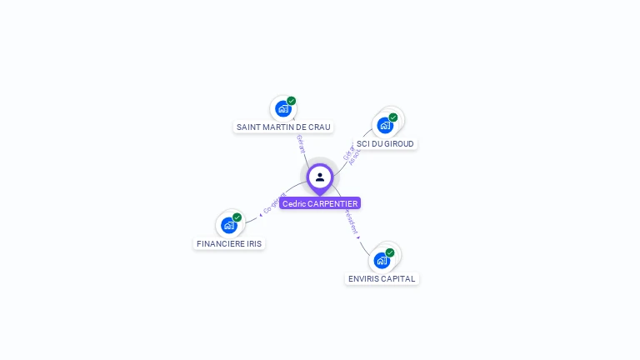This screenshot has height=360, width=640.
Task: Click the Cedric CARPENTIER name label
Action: click(320, 203)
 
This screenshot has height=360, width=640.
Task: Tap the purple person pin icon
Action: click(320, 177)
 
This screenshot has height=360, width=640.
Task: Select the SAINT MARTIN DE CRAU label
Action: click(283, 127)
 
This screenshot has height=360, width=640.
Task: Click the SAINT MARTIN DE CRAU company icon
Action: click(283, 109)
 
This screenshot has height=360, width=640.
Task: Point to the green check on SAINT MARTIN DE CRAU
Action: click(292, 101)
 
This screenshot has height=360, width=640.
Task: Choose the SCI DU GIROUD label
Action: click(385, 144)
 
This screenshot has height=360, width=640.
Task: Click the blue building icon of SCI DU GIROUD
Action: click(384, 125)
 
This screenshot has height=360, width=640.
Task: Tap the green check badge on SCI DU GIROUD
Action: click(393, 117)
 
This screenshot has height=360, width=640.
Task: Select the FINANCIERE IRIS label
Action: click(229, 244)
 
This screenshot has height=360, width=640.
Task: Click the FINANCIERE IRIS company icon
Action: click(228, 225)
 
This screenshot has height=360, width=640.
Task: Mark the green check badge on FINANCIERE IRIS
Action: click(237, 217)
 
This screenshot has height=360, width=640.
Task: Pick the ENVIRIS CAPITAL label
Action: click(382, 279)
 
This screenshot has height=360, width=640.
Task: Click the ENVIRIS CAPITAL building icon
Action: click(382, 260)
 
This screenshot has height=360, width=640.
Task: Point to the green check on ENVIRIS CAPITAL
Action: click(390, 252)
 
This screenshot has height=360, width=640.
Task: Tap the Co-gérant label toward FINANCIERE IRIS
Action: click(274, 203)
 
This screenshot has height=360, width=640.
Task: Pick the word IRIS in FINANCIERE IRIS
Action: click(252, 244)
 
